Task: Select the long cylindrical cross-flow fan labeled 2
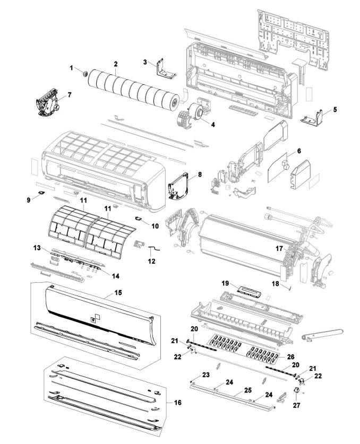coord(133,88)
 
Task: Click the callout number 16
coord(178,403)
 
